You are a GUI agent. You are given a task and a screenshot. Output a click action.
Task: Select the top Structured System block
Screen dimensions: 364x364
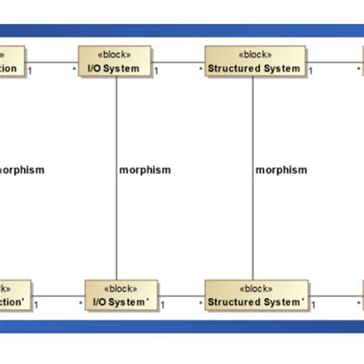(x=254, y=62)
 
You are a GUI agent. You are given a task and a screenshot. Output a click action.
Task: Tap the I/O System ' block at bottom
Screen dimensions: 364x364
(x=121, y=296)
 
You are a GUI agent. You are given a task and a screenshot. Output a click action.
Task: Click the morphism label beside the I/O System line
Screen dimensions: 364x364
(x=145, y=170)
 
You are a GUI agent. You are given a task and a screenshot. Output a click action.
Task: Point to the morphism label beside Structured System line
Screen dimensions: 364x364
(x=281, y=170)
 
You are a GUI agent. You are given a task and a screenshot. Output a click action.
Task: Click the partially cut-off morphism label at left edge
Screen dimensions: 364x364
(x=22, y=170)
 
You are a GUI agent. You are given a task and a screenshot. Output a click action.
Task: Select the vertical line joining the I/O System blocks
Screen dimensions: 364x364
(x=117, y=215)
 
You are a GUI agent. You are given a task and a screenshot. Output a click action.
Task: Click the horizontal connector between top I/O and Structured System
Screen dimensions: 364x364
(x=178, y=62)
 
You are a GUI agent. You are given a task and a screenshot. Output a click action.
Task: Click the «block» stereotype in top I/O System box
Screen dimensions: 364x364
(x=115, y=55)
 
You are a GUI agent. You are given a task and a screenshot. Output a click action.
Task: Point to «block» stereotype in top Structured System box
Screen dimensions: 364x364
(x=254, y=55)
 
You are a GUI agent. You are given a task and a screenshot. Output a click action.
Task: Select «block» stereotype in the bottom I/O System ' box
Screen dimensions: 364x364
(x=121, y=289)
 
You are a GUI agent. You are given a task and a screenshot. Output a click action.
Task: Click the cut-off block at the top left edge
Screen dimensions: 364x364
(x=12, y=62)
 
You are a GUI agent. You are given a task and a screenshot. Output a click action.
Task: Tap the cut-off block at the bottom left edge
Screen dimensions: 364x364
(x=15, y=296)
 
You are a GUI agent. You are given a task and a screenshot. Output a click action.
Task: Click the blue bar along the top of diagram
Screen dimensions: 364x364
(x=182, y=31)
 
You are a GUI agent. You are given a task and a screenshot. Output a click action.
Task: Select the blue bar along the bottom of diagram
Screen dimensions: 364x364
(x=182, y=326)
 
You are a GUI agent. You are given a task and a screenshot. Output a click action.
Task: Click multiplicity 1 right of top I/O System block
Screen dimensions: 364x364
(x=156, y=71)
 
